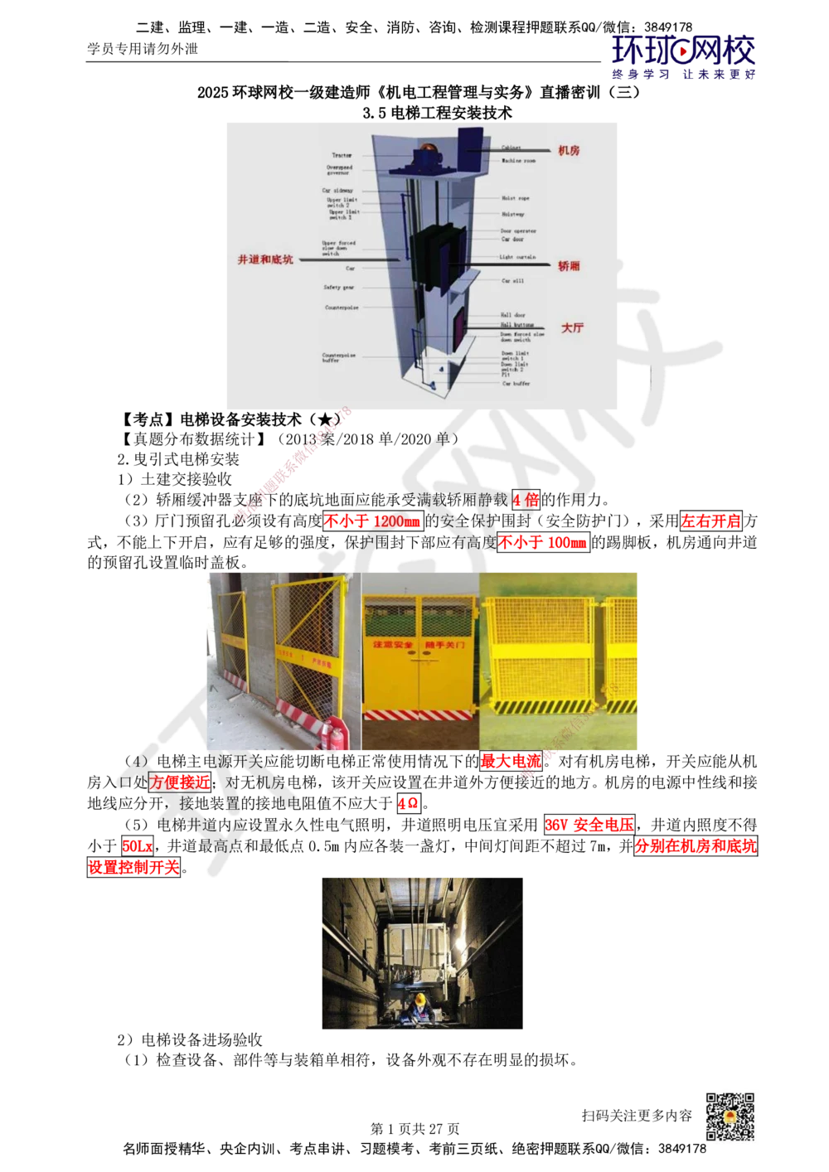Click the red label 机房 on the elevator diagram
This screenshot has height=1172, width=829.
(569, 151)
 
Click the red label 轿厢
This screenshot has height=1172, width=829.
(569, 266)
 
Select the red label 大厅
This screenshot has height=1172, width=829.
(572, 327)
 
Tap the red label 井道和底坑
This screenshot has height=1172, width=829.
(265, 259)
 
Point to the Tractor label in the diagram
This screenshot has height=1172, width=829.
(342, 155)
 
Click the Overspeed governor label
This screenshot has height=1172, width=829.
(339, 170)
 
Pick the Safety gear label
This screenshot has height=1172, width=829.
(339, 288)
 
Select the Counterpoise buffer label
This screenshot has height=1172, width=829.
(339, 358)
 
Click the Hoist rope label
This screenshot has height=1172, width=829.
(515, 198)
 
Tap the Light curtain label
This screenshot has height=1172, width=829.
(517, 257)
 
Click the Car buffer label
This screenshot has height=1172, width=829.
(516, 384)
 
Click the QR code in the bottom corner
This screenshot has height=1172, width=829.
(729, 1116)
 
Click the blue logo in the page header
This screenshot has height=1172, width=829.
(683, 56)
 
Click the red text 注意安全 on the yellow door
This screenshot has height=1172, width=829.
(390, 644)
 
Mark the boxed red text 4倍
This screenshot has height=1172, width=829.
(526, 500)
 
